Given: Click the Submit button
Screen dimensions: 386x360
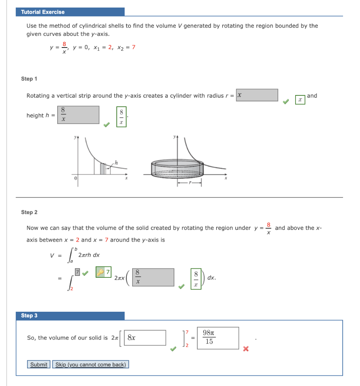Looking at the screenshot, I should click(x=39, y=365).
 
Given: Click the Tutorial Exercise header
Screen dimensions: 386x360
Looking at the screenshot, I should click(x=43, y=12).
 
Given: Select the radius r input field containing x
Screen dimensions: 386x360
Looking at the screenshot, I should click(x=257, y=95).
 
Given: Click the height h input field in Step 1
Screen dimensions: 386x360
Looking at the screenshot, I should click(x=78, y=115).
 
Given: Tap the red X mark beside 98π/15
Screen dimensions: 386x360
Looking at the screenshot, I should click(x=246, y=349).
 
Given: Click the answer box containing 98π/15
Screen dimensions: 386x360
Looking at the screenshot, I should click(x=218, y=338).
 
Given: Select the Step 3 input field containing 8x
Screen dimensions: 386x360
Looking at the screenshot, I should click(x=145, y=338).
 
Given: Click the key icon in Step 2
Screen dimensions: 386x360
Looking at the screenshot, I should click(x=100, y=273).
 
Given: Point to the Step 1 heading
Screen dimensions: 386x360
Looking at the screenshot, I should click(x=29, y=79).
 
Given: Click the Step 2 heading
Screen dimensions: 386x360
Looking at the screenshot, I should click(x=29, y=212).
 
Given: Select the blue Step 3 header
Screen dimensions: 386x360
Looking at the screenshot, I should click(x=29, y=316).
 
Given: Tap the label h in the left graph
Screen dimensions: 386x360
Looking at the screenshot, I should click(x=116, y=162).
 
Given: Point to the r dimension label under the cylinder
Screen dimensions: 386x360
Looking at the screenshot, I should click(x=190, y=184).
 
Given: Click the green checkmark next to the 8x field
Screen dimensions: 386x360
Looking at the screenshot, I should click(x=172, y=349).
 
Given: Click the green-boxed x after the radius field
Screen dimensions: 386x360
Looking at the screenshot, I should click(x=300, y=100).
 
